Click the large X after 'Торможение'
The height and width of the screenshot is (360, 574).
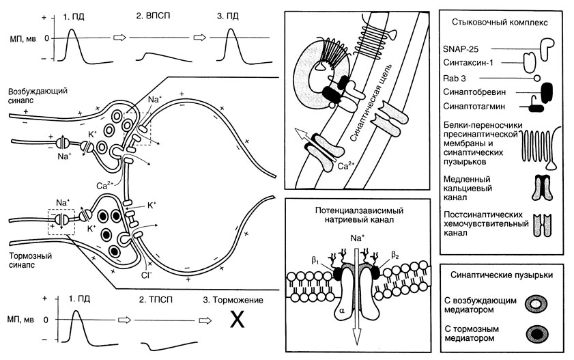(236, 320)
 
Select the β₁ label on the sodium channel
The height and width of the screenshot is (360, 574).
(316, 260)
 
